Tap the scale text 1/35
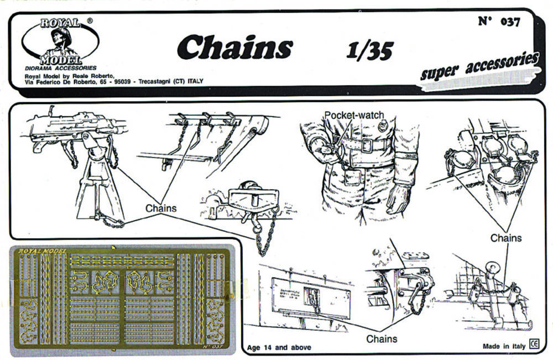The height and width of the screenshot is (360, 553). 369,51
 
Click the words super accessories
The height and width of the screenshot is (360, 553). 479,67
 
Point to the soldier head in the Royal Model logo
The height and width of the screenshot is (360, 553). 59,38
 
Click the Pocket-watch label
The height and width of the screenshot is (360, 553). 353,115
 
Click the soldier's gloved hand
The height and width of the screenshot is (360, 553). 398,199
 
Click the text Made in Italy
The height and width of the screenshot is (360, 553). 503,346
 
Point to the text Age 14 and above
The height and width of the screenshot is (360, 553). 279,348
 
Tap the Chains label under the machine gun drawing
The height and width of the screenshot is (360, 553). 161,208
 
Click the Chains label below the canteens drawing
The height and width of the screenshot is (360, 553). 506,238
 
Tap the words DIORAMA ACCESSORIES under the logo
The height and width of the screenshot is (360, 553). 61,68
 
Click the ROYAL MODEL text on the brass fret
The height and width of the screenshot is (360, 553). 43,251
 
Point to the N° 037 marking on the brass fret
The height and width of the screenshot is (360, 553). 213,347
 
